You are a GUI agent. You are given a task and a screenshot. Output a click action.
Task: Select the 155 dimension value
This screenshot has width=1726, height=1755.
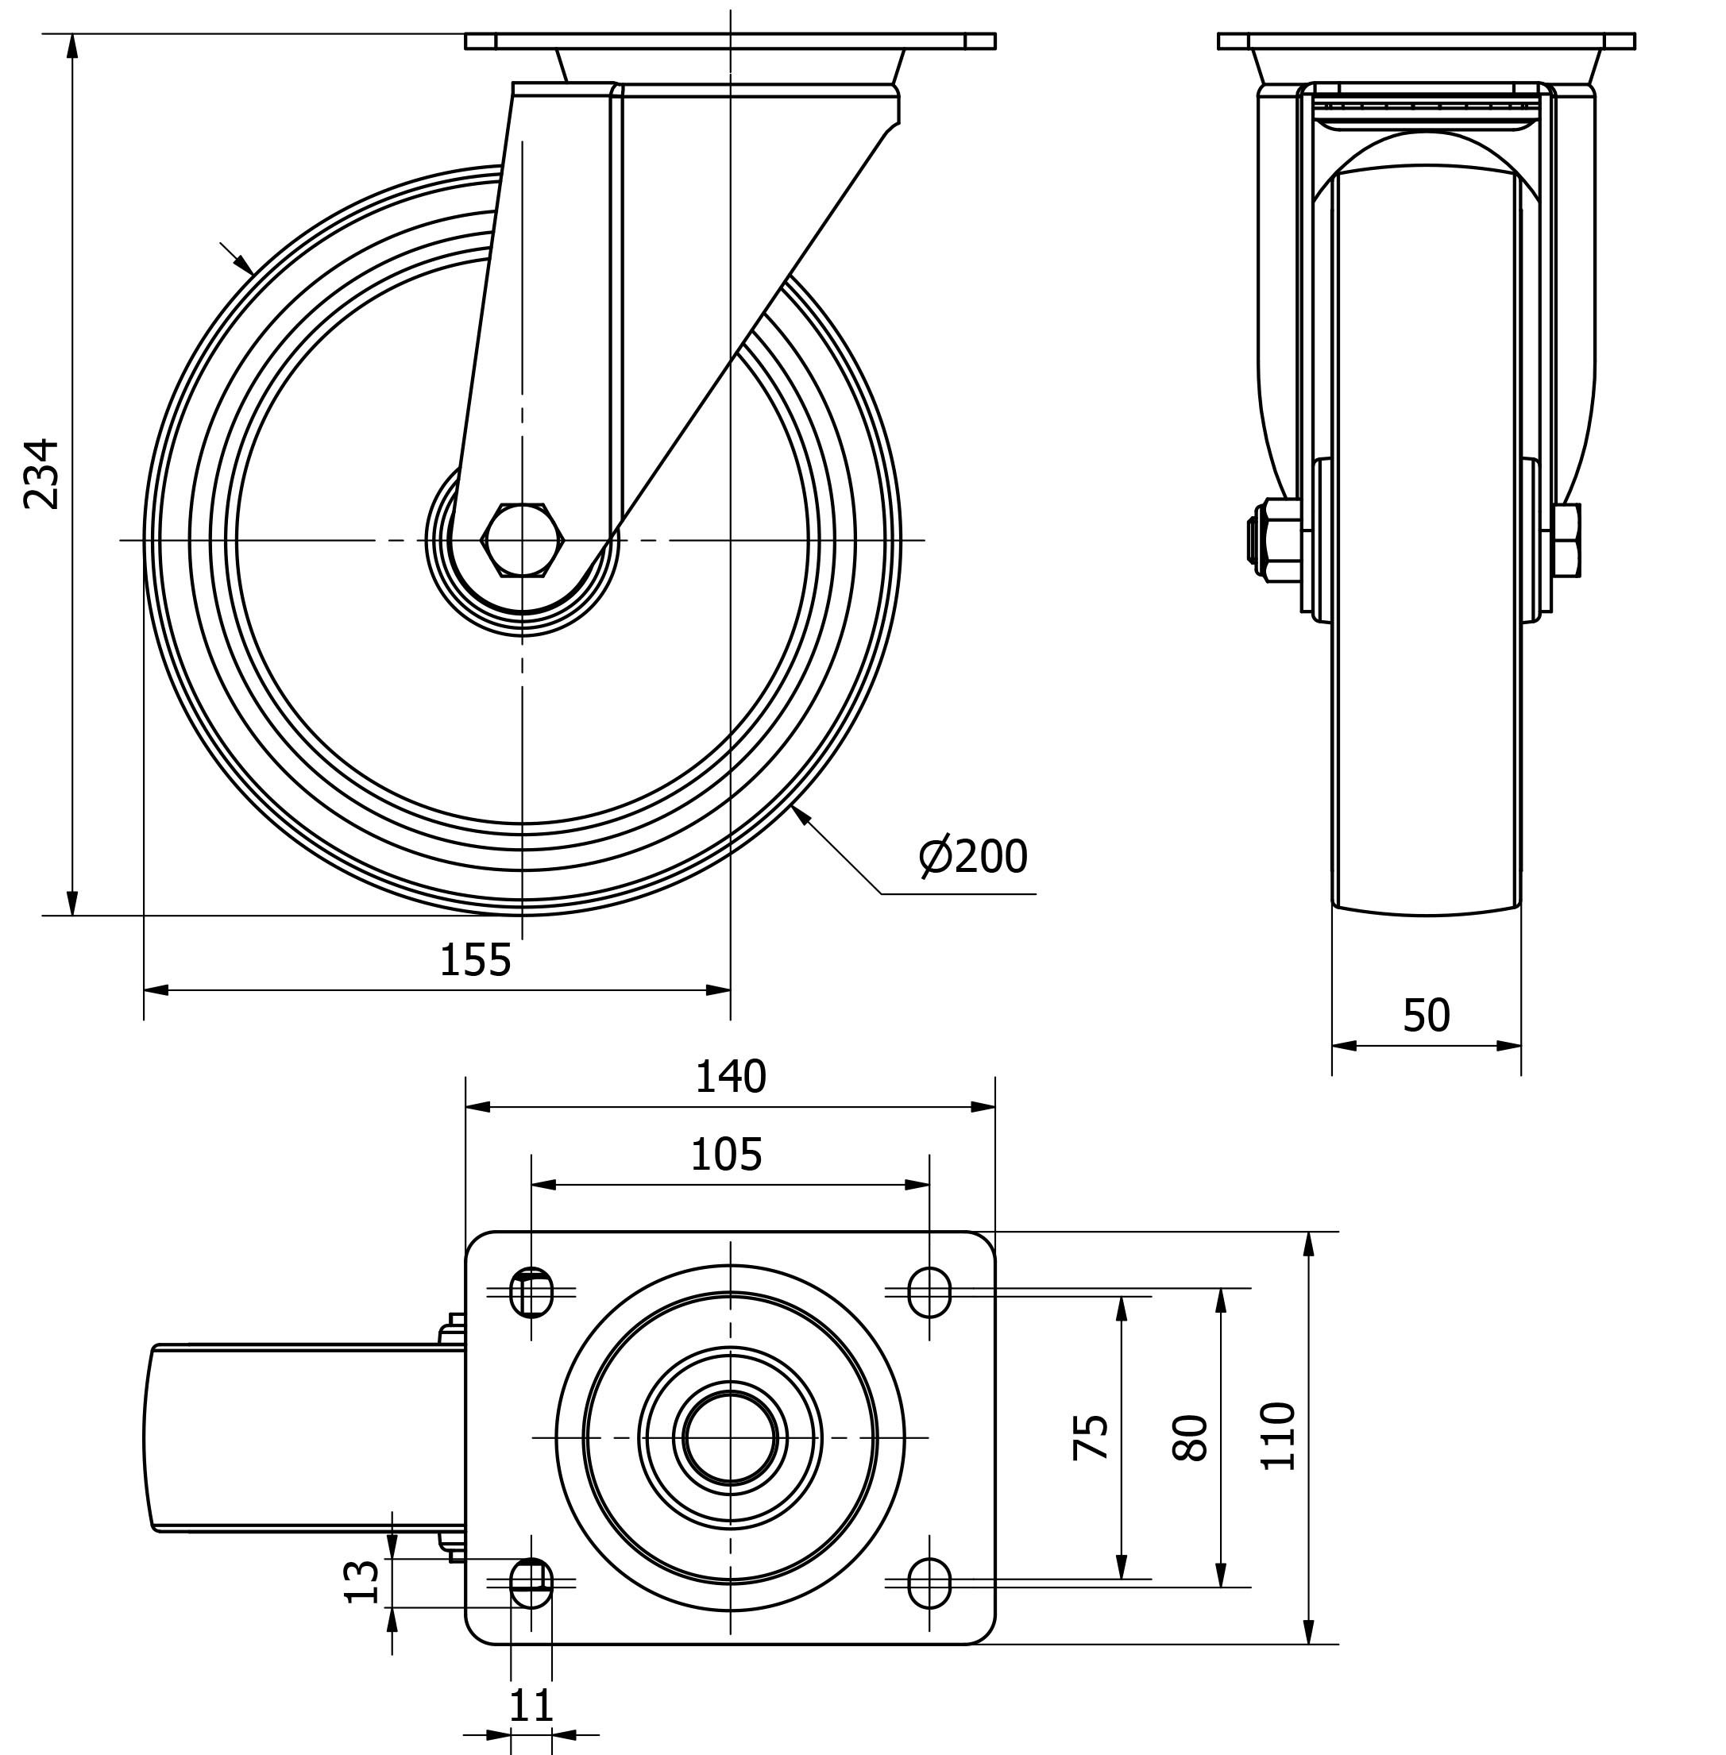475,960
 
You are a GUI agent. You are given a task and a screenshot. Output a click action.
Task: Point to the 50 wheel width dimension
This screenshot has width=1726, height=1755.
1426,1016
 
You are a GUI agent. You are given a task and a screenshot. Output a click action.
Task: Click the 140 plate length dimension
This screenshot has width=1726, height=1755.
731,1077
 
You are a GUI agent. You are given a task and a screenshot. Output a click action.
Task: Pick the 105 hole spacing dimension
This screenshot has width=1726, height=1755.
726,1155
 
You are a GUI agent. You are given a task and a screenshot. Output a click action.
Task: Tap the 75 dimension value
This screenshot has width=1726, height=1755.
1091,1436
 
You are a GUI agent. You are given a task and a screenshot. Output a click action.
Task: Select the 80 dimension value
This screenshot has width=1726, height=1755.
1191,1437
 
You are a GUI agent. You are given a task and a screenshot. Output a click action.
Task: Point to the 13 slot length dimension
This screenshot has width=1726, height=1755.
364,1582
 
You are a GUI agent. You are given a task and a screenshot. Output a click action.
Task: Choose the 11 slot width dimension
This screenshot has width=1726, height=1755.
531,1707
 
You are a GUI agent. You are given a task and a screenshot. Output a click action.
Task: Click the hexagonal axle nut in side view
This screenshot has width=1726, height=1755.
522,540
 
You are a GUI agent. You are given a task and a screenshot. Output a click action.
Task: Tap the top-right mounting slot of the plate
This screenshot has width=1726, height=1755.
929,1292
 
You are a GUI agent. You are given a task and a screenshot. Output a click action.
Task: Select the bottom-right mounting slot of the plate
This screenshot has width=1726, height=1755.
929,1583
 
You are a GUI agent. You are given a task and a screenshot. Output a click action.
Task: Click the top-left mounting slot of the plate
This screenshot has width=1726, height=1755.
531,1292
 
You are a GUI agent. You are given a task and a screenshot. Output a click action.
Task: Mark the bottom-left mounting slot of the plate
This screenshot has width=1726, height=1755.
531,1583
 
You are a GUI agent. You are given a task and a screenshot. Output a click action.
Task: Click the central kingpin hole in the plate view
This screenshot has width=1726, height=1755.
730,1437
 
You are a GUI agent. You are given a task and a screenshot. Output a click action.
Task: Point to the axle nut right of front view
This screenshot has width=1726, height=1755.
1566,540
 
